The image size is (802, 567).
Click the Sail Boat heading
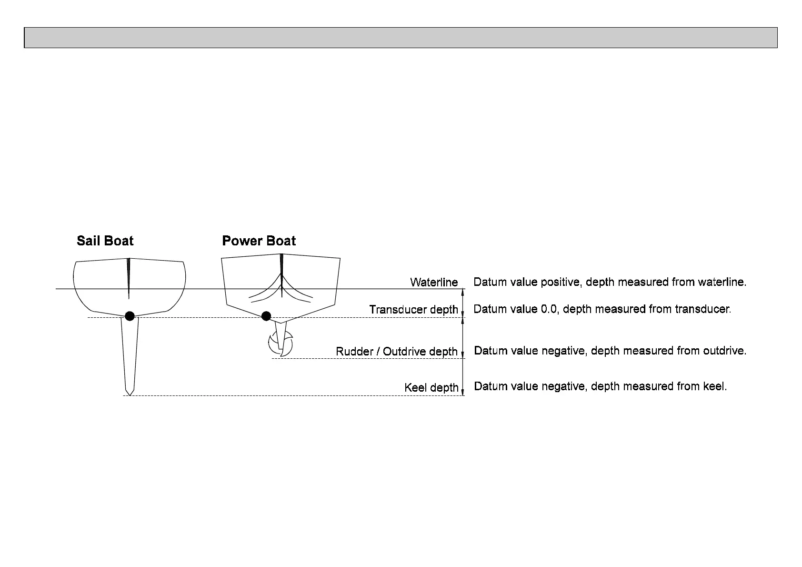[x=105, y=241]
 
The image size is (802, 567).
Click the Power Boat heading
[x=259, y=241]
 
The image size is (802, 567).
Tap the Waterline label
[x=434, y=283]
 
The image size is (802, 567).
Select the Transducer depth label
[x=413, y=310]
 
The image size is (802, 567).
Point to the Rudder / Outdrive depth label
[x=397, y=352]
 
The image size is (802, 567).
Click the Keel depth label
[x=431, y=388]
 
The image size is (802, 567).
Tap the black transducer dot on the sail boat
[x=129, y=315]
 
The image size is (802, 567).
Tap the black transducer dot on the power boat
[x=266, y=316]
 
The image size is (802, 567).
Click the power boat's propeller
[x=281, y=344]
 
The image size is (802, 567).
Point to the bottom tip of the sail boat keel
[x=129, y=394]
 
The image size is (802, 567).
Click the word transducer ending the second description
[x=702, y=309]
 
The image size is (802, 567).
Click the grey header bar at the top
[x=401, y=38]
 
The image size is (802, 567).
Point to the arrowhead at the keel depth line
[x=463, y=392]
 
